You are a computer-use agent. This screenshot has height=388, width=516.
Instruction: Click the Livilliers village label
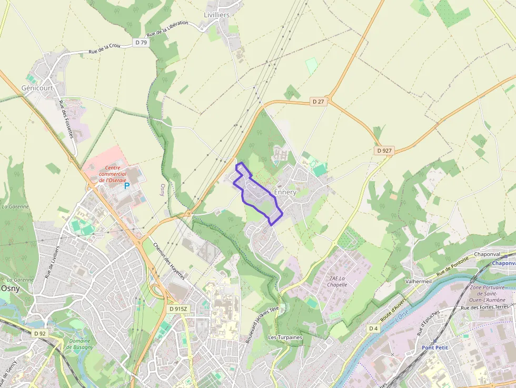click(x=216, y=15)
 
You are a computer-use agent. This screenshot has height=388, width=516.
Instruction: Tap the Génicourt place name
click(x=37, y=88)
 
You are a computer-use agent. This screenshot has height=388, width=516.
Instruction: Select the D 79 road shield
click(x=140, y=43)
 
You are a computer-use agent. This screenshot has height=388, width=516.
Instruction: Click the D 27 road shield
click(x=317, y=101)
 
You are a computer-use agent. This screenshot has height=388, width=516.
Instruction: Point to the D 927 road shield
click(x=384, y=151)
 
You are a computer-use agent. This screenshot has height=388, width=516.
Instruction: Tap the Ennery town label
click(x=285, y=192)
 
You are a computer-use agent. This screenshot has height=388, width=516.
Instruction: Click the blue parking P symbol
click(x=126, y=186)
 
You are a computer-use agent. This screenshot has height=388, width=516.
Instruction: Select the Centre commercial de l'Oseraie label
click(x=113, y=173)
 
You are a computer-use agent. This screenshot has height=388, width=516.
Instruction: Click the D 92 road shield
click(x=39, y=333)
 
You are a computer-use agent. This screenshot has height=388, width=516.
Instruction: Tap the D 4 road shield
click(x=373, y=329)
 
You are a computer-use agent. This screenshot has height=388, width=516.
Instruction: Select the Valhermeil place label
click(x=418, y=282)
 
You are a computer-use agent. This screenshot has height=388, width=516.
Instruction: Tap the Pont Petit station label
click(x=434, y=347)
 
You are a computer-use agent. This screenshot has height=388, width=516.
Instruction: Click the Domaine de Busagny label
click(x=78, y=344)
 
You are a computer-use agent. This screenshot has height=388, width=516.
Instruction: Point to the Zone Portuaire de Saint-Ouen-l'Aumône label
click(x=487, y=294)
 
